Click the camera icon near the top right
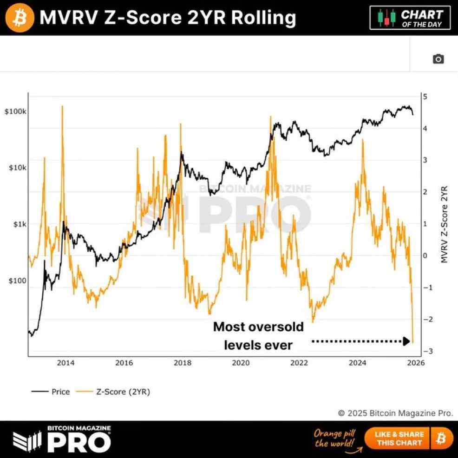(x=438, y=59)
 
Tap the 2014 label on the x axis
(x=65, y=363)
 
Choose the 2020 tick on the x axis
(x=241, y=363)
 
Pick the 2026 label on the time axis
(x=416, y=363)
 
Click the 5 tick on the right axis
(x=425, y=97)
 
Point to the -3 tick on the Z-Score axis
(x=423, y=351)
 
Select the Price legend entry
(x=51, y=392)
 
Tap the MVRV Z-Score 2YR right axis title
(x=445, y=224)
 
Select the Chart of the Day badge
(x=410, y=18)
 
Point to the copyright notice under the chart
(x=395, y=413)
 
